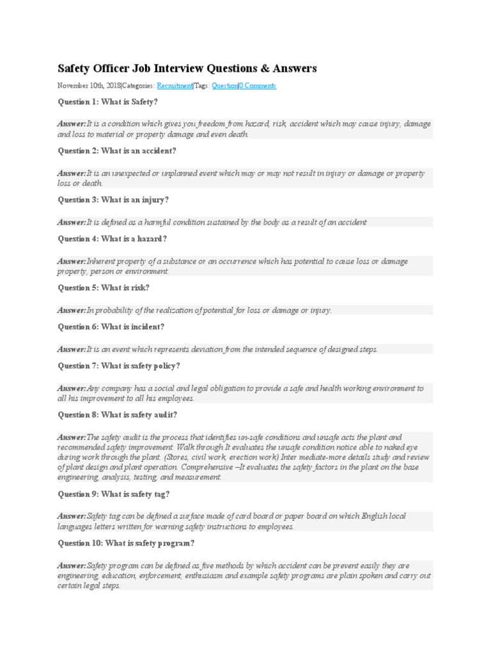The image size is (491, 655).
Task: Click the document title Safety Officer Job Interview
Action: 187,68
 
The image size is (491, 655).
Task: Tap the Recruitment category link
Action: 175,85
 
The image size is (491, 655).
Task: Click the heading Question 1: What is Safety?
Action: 107,102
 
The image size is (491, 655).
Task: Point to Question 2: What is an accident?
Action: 117,150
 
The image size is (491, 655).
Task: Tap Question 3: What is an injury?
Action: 113,200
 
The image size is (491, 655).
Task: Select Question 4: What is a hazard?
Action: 113,239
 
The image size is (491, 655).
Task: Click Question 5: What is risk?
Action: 103,288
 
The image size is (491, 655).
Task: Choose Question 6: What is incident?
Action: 111,327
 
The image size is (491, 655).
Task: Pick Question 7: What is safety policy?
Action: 119,366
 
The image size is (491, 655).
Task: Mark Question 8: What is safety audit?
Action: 118,414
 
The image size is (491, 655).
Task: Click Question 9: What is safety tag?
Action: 113,494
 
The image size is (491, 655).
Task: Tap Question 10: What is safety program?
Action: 126,543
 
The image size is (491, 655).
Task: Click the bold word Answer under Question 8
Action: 72,438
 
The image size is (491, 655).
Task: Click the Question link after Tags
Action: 224,85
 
